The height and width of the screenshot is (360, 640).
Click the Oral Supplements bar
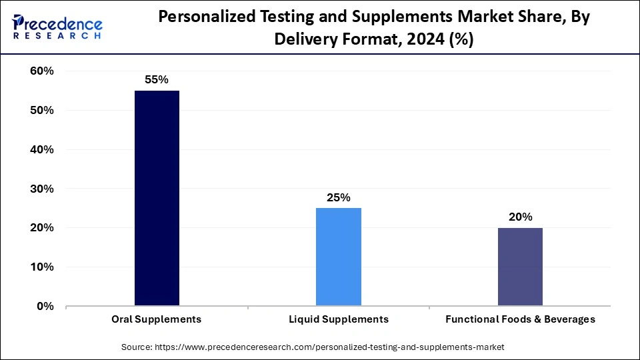click(x=157, y=198)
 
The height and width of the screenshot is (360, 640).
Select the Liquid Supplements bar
click(x=339, y=257)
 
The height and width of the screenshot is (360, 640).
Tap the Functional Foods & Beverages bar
click(x=520, y=267)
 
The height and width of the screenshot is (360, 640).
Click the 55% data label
click(x=157, y=79)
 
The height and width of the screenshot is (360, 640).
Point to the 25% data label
click(x=339, y=197)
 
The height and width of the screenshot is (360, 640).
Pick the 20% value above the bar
click(x=520, y=217)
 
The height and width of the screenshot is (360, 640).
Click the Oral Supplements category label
click(x=157, y=319)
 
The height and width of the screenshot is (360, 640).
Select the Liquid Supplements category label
click(x=339, y=319)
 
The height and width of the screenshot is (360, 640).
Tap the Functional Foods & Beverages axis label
click(x=520, y=319)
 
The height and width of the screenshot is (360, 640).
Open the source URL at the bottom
click(x=329, y=347)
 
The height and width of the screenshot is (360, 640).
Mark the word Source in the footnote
click(x=137, y=347)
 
